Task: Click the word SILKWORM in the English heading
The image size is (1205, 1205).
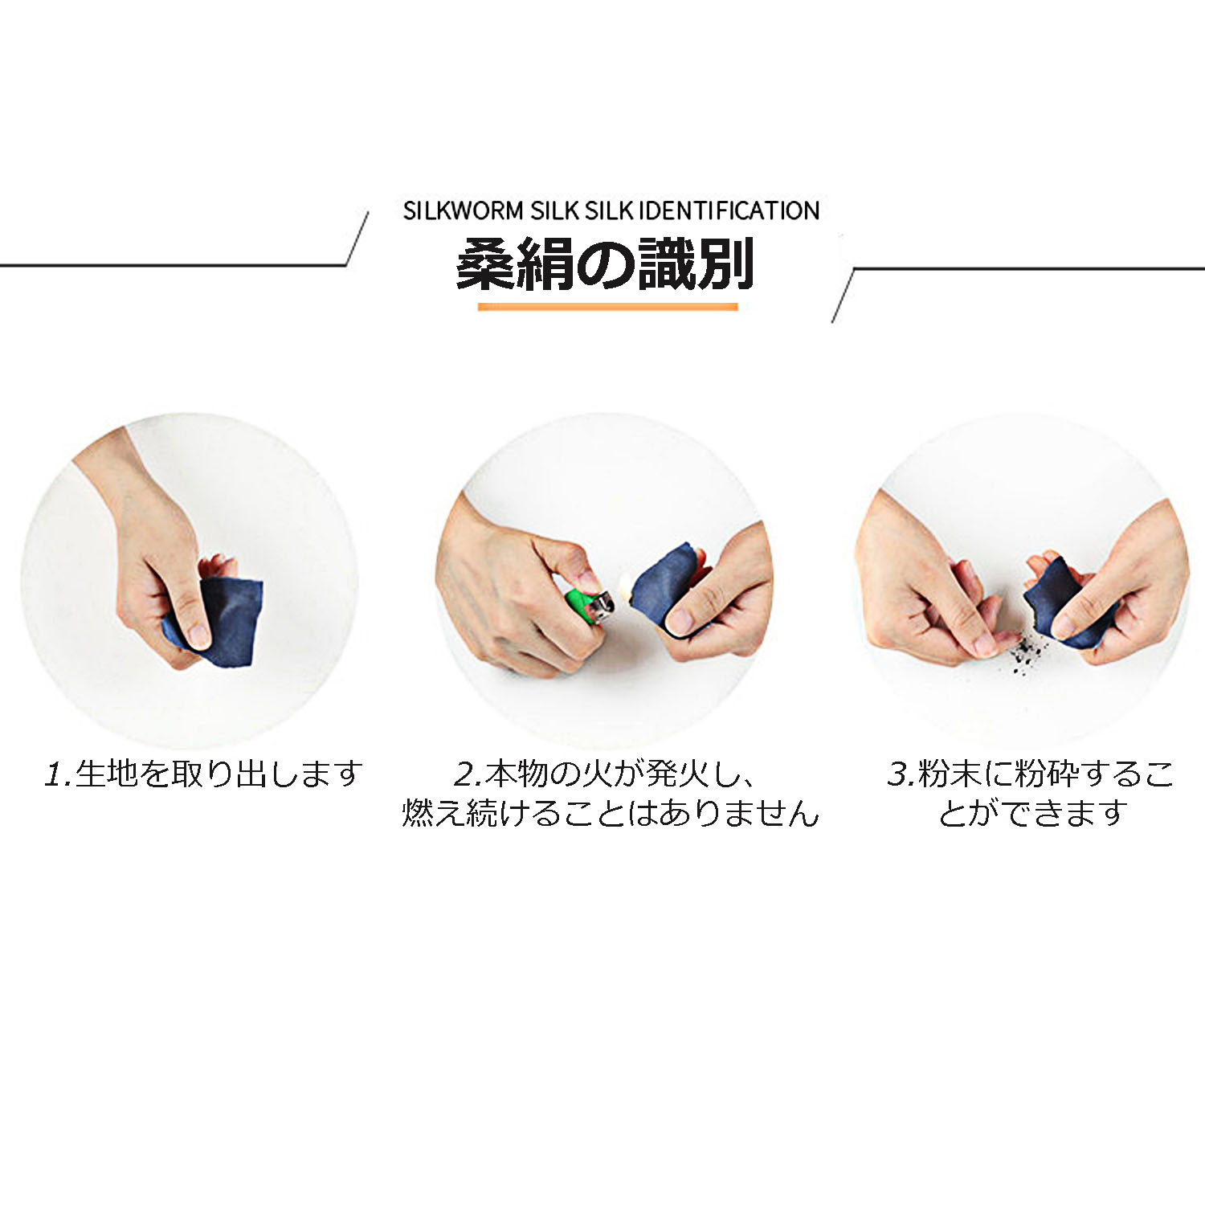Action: pyautogui.click(x=464, y=210)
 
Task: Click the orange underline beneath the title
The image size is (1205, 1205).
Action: pyautogui.click(x=607, y=306)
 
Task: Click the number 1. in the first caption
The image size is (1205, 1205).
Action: pyautogui.click(x=58, y=774)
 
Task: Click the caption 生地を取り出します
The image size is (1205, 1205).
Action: pyautogui.click(x=219, y=774)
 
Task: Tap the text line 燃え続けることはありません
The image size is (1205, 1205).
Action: pyautogui.click(x=611, y=813)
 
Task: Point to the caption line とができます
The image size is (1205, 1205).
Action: pyautogui.click(x=1033, y=813)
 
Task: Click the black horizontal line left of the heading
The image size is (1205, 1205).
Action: pyautogui.click(x=173, y=265)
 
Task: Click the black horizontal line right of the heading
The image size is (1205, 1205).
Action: pyautogui.click(x=1028, y=268)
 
